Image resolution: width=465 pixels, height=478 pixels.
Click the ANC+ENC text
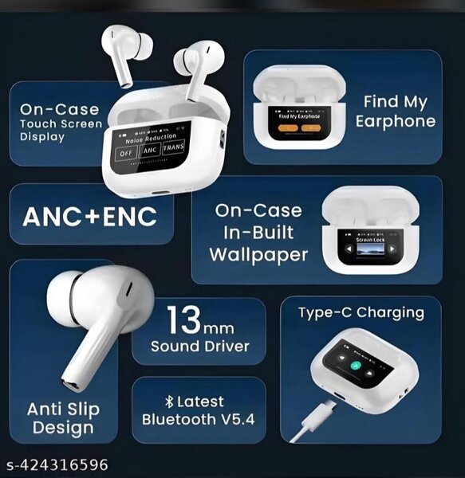click(89, 217)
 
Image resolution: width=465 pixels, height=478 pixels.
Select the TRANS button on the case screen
click(173, 149)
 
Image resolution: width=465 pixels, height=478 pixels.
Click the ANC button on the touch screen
click(150, 151)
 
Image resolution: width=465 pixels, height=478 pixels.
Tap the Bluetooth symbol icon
click(168, 402)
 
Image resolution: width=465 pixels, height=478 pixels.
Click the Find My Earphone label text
click(396, 112)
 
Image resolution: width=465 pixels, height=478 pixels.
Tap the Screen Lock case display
click(368, 248)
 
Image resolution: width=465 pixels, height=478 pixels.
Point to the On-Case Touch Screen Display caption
click(61, 122)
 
